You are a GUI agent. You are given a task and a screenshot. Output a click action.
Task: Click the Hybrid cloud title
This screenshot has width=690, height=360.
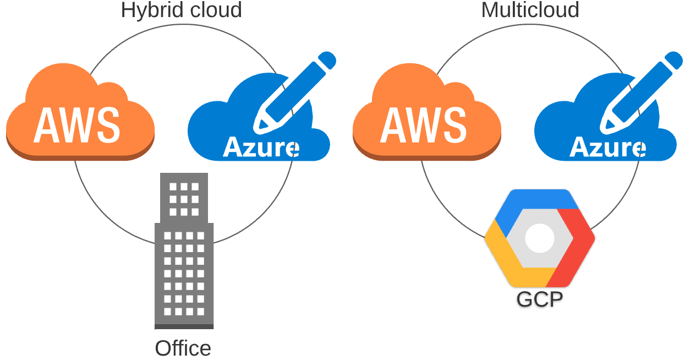pos(181,10)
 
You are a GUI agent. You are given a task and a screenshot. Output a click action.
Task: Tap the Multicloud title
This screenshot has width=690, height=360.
pos(530,10)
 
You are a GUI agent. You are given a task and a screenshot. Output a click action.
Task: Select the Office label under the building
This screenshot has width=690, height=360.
pos(183,348)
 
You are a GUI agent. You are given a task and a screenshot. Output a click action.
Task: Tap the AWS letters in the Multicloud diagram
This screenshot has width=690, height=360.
pos(423,124)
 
